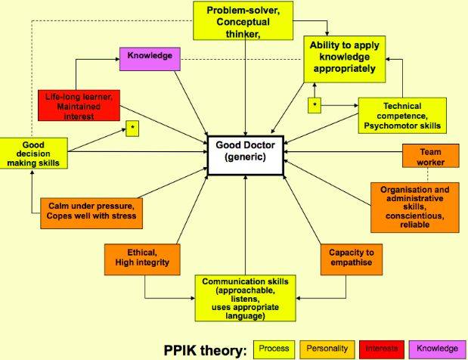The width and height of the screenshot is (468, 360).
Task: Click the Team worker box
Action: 431,157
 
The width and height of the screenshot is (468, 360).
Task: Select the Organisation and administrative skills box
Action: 414,206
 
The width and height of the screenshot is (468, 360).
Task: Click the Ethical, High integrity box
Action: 142,258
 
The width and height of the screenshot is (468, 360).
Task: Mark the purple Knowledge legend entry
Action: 436,349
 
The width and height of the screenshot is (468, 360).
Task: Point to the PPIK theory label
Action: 205,349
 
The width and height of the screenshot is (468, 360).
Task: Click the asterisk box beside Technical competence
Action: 314,105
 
